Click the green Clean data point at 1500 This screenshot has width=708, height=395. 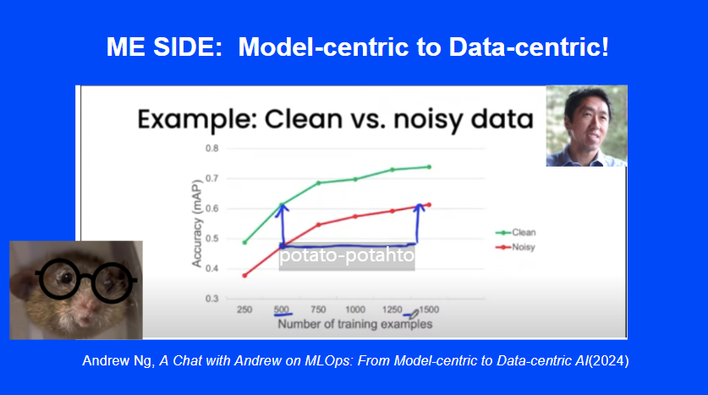click(x=429, y=167)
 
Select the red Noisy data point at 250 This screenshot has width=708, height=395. click(x=244, y=276)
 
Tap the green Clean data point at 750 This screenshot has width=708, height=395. click(x=318, y=183)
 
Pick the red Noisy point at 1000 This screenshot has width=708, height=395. click(x=355, y=217)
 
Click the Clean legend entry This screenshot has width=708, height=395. click(x=516, y=233)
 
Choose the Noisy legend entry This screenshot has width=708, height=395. click(x=515, y=247)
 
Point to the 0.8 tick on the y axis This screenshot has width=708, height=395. click(x=211, y=149)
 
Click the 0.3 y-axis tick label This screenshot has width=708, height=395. click(x=211, y=299)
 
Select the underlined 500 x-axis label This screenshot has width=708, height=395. click(x=282, y=310)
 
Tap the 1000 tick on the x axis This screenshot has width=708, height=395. click(x=355, y=310)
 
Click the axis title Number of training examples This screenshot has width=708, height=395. click(x=355, y=324)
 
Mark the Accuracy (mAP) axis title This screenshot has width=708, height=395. click(x=196, y=223)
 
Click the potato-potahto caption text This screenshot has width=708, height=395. click(x=346, y=255)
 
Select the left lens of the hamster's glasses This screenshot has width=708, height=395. click(x=59, y=279)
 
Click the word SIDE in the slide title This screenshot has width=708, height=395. click(x=188, y=47)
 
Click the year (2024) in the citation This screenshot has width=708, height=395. click(x=609, y=360)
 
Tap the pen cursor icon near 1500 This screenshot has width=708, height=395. click(x=414, y=314)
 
